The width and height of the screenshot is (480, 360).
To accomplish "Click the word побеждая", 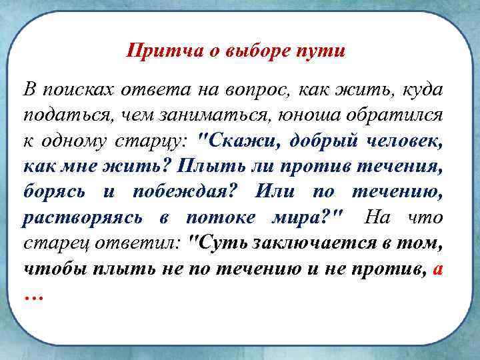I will coord(180,192).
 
